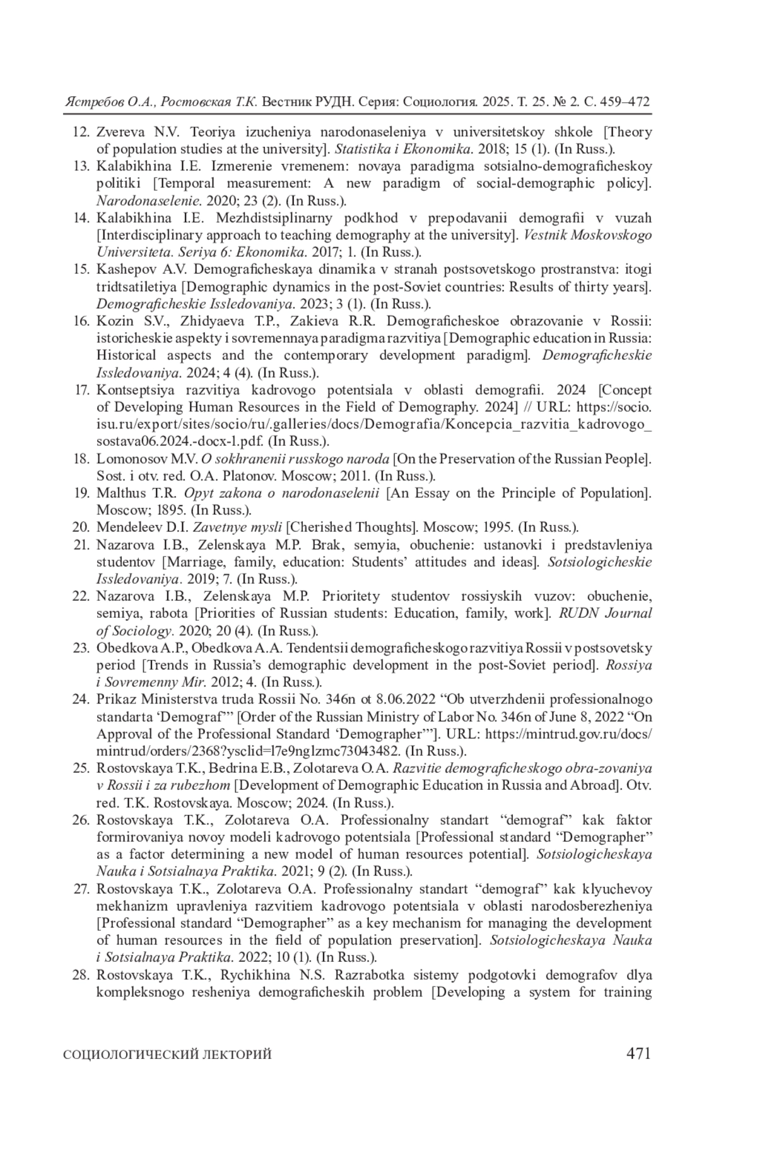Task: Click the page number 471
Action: [638, 1053]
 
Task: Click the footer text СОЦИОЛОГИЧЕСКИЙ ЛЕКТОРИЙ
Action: [168, 1055]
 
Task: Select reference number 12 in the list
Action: [81, 132]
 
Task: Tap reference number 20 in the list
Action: [81, 527]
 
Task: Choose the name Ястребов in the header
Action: [88, 102]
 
